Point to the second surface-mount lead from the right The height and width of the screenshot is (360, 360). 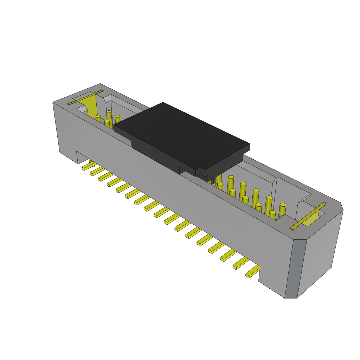click(241, 263)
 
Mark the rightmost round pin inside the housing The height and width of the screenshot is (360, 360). click(282, 210)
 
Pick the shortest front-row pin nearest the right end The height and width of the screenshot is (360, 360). click(272, 215)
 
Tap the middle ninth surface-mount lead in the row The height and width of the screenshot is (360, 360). click(162, 212)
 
